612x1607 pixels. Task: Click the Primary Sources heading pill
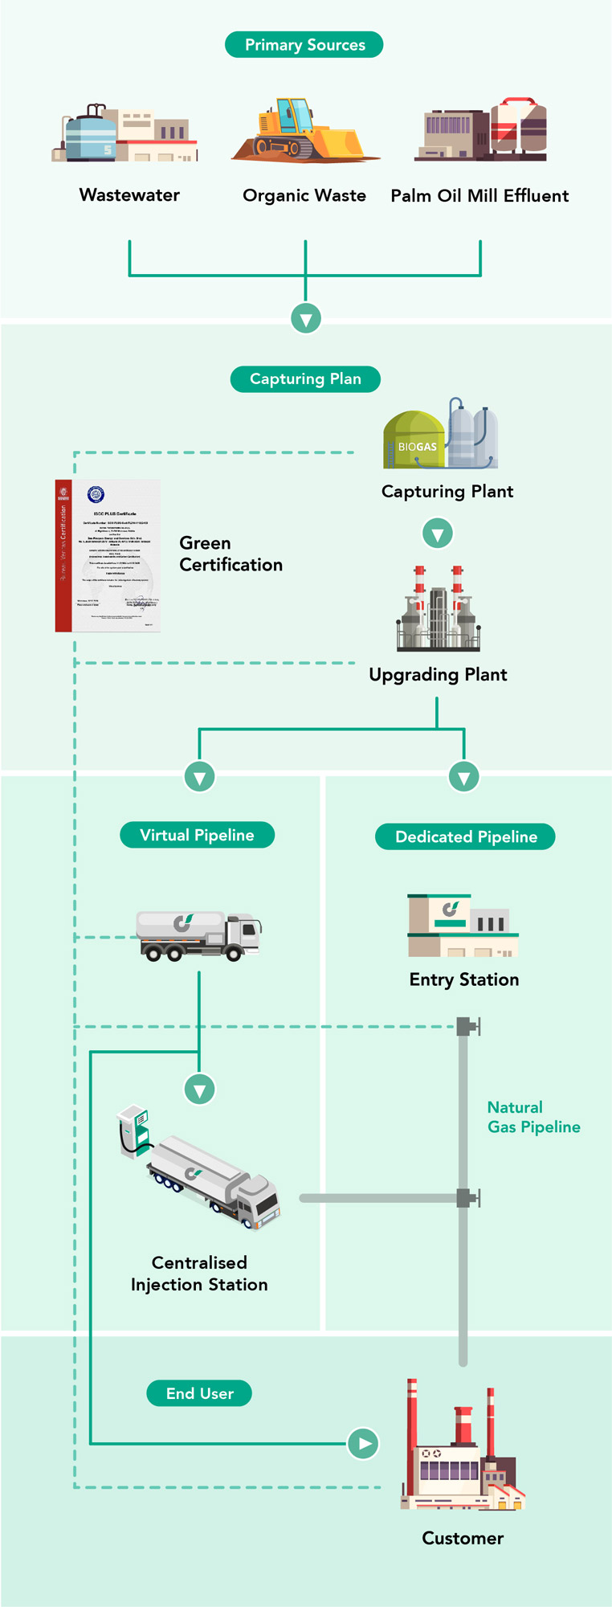[304, 45]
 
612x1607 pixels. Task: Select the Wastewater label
[129, 195]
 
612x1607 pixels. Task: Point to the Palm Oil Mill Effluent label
[479, 196]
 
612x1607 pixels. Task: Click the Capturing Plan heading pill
[305, 379]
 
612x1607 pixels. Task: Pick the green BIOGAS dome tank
[414, 440]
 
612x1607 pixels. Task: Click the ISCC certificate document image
[108, 556]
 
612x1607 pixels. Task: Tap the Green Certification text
[231, 554]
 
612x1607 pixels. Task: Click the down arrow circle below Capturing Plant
[438, 534]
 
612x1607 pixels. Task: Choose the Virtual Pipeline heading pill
[197, 836]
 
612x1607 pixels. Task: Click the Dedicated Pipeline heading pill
[466, 837]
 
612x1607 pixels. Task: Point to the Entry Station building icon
[463, 926]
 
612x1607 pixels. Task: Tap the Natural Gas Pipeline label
[533, 1117]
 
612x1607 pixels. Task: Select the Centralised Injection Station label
[199, 1274]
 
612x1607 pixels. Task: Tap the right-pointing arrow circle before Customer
[364, 1444]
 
